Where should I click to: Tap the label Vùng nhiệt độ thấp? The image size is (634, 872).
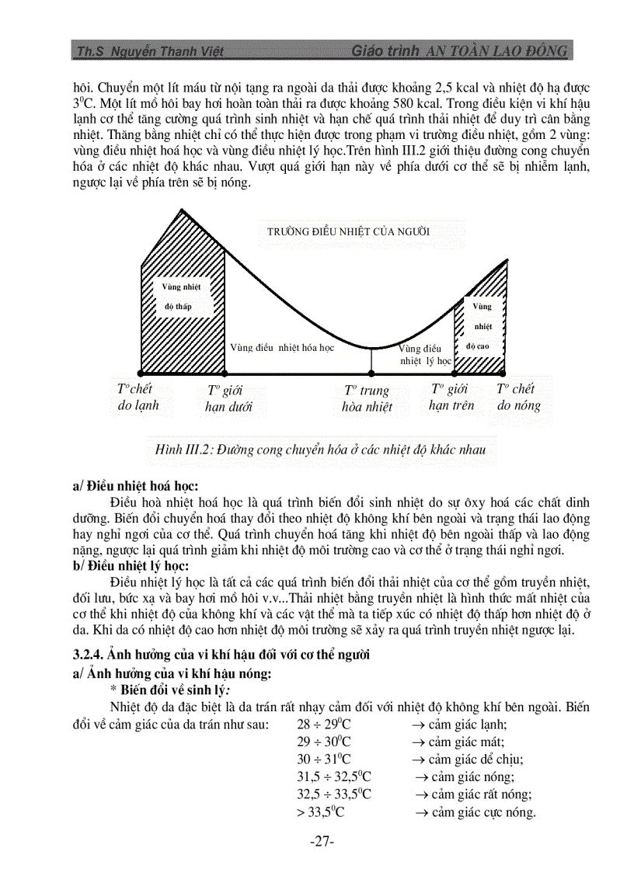(181, 297)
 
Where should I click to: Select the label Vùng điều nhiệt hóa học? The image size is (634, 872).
(282, 348)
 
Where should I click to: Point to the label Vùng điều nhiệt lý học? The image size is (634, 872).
(423, 355)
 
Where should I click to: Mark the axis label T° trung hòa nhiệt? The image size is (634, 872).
(367, 398)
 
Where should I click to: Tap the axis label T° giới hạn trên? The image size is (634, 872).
(451, 398)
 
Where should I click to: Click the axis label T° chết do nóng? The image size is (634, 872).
(518, 397)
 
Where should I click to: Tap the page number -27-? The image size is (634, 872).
(321, 842)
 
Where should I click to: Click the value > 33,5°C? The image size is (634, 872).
(320, 812)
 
